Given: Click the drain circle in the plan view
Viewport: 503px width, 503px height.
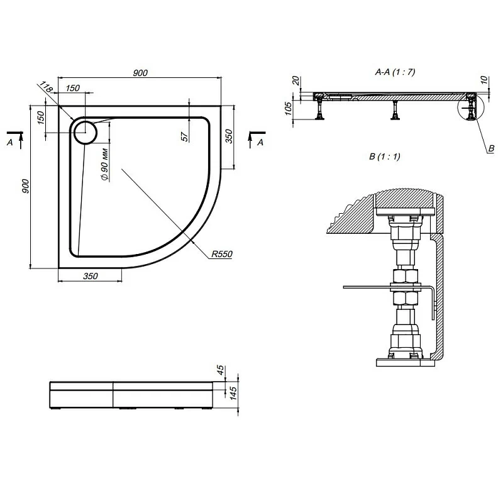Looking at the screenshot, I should pyautogui.click(x=85, y=132).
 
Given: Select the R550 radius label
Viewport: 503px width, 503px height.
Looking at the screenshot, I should pyautogui.click(x=222, y=255).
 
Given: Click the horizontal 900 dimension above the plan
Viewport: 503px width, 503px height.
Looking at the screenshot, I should pyautogui.click(x=140, y=73).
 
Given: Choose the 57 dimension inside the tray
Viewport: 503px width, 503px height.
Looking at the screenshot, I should pyautogui.click(x=185, y=136).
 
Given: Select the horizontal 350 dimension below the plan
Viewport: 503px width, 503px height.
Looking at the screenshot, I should pyautogui.click(x=90, y=276).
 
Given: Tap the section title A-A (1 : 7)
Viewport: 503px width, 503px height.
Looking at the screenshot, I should pyautogui.click(x=395, y=72).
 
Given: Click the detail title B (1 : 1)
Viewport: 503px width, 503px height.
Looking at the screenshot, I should pyautogui.click(x=385, y=157).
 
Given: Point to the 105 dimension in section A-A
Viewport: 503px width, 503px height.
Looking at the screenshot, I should pyautogui.click(x=289, y=109).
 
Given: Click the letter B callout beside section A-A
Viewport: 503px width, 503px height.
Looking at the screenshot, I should pyautogui.click(x=491, y=148).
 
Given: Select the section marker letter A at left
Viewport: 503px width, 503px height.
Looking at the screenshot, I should pyautogui.click(x=9, y=143).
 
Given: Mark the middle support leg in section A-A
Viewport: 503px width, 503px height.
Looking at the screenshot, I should pyautogui.click(x=395, y=110).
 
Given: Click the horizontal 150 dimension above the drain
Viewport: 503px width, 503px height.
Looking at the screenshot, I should pyautogui.click(x=72, y=89).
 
